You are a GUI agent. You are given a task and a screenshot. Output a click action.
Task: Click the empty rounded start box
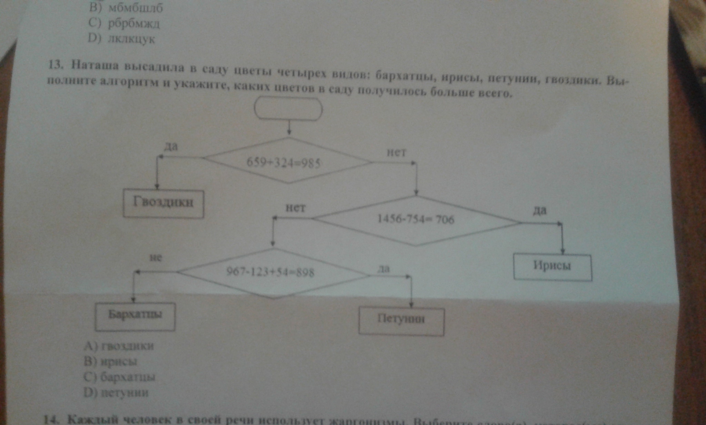pyautogui.click(x=288, y=109)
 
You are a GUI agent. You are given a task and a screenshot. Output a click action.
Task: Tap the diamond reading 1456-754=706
pyautogui.click(x=416, y=220)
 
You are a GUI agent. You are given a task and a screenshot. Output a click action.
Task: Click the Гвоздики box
pyautogui.click(x=163, y=204)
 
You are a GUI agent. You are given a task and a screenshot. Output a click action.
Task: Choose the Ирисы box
pyautogui.click(x=552, y=267)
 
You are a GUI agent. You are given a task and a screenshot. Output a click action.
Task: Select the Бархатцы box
pyautogui.click(x=135, y=316)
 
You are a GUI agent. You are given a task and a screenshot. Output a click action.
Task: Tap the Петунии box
pyautogui.click(x=401, y=321)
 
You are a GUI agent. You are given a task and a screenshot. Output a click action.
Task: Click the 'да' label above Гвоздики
pyautogui.click(x=171, y=147)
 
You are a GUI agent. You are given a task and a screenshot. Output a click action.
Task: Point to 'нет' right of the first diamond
pyautogui.click(x=396, y=152)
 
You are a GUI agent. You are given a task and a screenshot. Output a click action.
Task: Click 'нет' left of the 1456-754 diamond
pyautogui.click(x=295, y=208)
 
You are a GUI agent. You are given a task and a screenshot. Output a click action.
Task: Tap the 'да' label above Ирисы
pyautogui.click(x=539, y=210)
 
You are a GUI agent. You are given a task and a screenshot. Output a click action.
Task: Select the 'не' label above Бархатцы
pyautogui.click(x=156, y=258)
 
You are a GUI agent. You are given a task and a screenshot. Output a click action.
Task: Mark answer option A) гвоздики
pyautogui.click(x=119, y=346)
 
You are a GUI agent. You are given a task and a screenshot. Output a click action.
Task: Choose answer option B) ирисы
pyautogui.click(x=111, y=362)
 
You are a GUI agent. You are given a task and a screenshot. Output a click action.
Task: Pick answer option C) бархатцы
pyautogui.click(x=119, y=377)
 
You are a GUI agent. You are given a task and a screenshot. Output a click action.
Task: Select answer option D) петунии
pyautogui.click(x=116, y=393)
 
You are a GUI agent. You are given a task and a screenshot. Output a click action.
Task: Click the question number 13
pyautogui.click(x=54, y=65)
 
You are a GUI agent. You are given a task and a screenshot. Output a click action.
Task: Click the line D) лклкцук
pyautogui.click(x=121, y=39)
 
